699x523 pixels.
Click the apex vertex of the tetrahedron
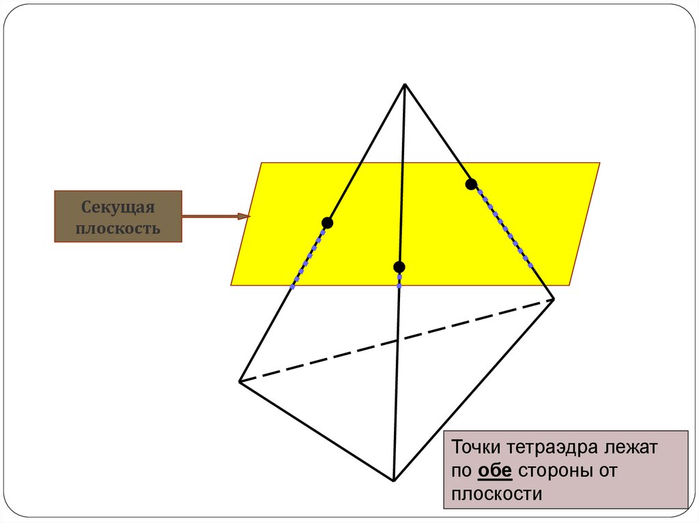click(x=405, y=84)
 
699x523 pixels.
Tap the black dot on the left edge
click(x=327, y=223)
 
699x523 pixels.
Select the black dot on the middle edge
click(x=399, y=267)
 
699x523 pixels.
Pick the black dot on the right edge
click(x=471, y=184)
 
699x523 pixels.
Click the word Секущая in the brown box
click(x=118, y=207)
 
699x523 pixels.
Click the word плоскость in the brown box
click(x=117, y=228)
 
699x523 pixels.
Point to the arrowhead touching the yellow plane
click(x=244, y=217)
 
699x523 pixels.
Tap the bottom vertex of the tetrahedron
click(x=394, y=480)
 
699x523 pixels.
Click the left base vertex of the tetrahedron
click(x=240, y=381)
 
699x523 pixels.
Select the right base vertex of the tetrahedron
click(x=554, y=299)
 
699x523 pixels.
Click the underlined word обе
click(x=495, y=471)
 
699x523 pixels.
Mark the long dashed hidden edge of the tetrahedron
click(x=397, y=340)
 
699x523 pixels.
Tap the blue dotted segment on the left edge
click(x=309, y=256)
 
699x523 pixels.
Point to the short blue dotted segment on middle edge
click(x=399, y=279)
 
